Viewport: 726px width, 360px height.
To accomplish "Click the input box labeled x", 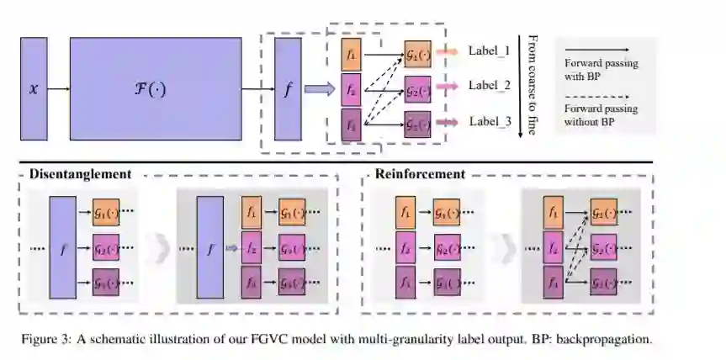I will (34, 88).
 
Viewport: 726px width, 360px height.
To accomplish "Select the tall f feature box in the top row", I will (289, 88).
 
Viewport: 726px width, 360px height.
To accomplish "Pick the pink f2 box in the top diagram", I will (352, 88).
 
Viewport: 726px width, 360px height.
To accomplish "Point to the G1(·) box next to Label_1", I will (417, 54).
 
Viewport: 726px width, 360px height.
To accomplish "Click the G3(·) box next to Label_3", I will (417, 124).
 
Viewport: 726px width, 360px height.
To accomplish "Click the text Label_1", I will (490, 51).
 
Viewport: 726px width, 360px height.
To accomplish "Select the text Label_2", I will (490, 86).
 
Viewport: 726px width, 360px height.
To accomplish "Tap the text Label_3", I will (490, 121).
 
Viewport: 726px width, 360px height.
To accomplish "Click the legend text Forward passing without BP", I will (601, 114).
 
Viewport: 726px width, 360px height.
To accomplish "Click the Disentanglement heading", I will (80, 174).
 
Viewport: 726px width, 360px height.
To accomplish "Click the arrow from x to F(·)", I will (58, 88).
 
